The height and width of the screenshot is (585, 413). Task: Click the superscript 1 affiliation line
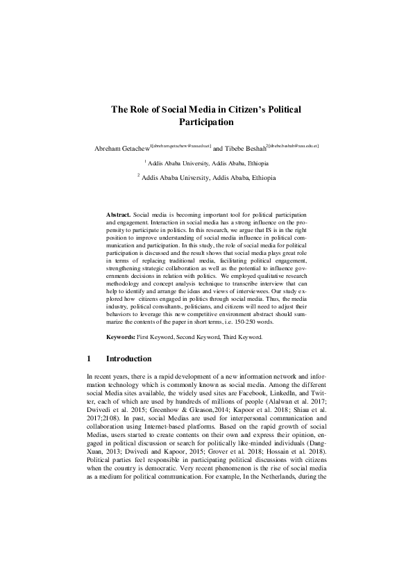coord(208,163)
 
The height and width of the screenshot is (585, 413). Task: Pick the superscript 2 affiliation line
coord(208,178)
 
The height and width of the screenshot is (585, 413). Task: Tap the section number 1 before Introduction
coord(90,359)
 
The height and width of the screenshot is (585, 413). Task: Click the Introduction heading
coord(128,359)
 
